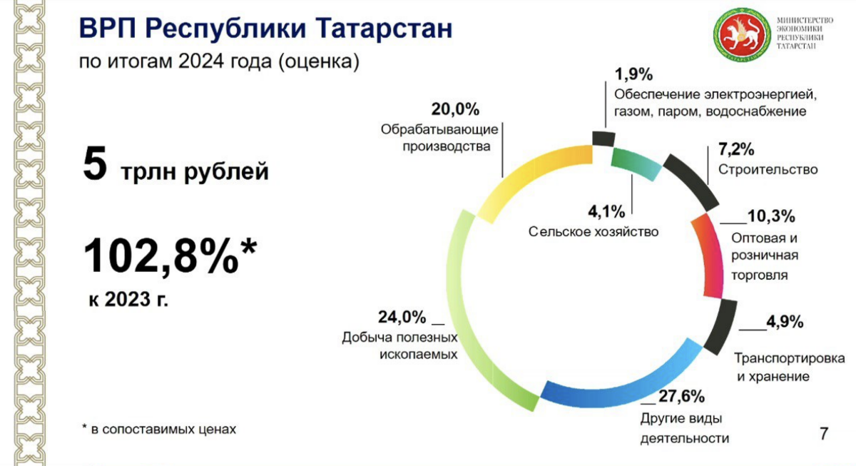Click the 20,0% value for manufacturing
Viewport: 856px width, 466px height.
tap(455, 109)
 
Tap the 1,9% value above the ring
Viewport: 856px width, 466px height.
tap(633, 74)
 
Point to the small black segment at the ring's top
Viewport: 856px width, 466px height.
tap(603, 138)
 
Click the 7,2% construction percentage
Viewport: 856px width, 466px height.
tap(736, 149)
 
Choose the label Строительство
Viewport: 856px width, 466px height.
tap(768, 169)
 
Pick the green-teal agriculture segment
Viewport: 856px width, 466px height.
tap(636, 163)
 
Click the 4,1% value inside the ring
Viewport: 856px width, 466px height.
tap(606, 211)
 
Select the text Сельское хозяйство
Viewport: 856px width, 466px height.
tap(593, 232)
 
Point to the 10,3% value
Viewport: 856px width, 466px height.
tap(771, 216)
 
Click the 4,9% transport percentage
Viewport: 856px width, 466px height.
tap(785, 322)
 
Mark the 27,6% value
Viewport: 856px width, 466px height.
tap(682, 396)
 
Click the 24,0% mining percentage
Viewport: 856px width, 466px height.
tap(402, 317)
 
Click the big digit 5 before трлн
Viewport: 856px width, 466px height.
tap(95, 164)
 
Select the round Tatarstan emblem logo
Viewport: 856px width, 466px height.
tap(742, 34)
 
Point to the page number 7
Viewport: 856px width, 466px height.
tap(824, 433)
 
